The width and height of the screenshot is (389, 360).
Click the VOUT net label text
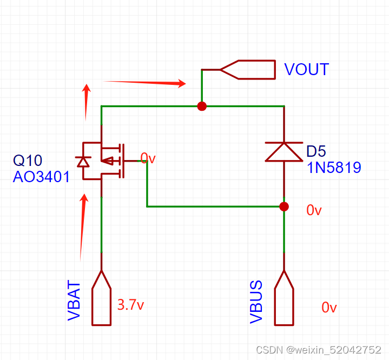(306, 70)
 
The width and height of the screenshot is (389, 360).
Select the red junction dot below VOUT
(202, 106)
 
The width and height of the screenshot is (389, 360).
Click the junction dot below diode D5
(284, 206)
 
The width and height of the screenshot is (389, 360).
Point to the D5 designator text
(318, 151)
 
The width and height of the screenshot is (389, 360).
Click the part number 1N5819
(334, 168)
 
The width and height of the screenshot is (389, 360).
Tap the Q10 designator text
(27, 160)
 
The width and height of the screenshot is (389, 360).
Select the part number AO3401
(41, 177)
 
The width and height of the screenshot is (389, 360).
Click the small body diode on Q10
(83, 161)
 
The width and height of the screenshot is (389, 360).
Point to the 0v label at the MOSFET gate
(148, 158)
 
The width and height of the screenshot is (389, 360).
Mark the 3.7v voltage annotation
(130, 305)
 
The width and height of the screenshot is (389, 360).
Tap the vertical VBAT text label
(74, 301)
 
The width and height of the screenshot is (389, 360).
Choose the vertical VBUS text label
(256, 302)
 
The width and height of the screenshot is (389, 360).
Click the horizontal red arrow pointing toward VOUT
(144, 83)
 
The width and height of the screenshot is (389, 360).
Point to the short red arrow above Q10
(85, 102)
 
